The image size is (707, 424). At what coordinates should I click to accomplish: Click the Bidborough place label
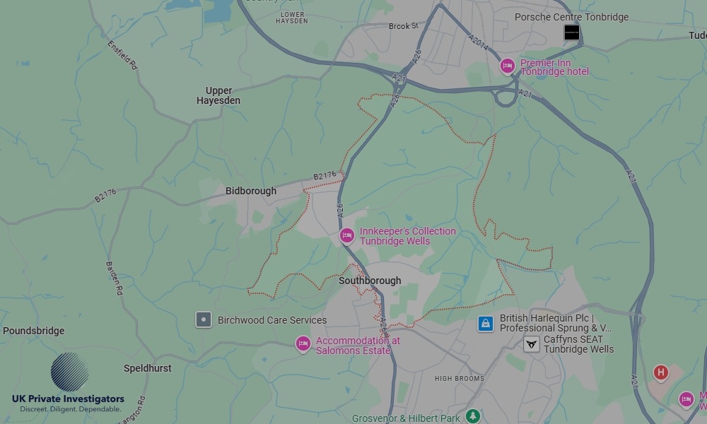pos(251,191)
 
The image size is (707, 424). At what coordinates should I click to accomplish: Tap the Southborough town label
pos(370,281)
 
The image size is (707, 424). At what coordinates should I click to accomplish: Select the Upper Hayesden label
pos(218,95)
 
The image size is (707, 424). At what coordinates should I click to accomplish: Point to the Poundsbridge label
pos(33,331)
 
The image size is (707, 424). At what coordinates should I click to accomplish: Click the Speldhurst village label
pos(148,368)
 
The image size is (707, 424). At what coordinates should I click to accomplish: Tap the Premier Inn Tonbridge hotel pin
pos(507,66)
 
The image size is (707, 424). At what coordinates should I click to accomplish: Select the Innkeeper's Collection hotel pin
pos(346,235)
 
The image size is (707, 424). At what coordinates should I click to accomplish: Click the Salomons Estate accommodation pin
pos(303,344)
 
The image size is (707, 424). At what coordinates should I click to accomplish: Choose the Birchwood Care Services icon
pos(204,319)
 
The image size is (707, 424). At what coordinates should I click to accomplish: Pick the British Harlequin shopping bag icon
pos(485,324)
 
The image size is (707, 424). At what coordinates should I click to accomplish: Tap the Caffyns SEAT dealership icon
pos(532,344)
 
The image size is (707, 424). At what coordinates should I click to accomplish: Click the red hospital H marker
pos(660,372)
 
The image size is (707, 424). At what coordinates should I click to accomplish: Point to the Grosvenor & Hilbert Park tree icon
pos(473,416)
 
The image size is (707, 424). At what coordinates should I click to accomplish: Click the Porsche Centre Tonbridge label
pos(571,17)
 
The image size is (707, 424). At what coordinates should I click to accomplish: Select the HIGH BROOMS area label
pos(460,379)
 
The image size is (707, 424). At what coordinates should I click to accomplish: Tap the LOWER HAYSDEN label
pos(293,17)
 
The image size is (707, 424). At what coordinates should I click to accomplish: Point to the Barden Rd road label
pos(115,278)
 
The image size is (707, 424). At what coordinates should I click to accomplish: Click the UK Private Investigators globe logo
pos(69,372)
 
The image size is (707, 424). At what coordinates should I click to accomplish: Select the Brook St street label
pos(404,26)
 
